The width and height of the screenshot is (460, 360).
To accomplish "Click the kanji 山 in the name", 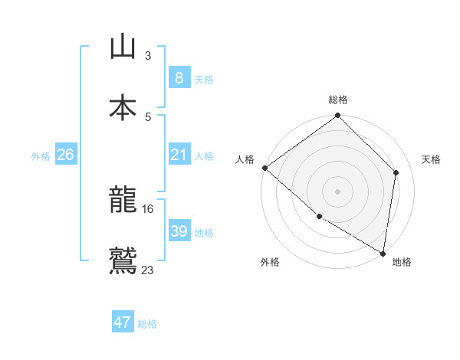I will tap(123, 47).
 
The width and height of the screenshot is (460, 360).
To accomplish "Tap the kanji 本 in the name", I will tap(123, 107).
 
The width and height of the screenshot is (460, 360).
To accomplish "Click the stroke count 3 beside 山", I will tap(148, 55).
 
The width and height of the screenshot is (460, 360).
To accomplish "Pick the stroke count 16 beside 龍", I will tap(148, 208).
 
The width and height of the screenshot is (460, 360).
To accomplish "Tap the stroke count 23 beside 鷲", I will tap(148, 269).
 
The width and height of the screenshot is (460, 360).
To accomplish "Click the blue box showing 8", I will tap(179, 77).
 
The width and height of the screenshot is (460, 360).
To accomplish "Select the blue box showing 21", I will tap(179, 155).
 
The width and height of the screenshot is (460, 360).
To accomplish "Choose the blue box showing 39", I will tap(179, 231).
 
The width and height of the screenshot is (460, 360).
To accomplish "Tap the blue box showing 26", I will tap(65, 155).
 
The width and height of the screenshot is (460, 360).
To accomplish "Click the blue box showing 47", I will tap(123, 322).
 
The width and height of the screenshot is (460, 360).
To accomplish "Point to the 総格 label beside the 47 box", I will tap(147, 324).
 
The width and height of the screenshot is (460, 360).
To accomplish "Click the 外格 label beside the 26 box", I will tap(41, 155).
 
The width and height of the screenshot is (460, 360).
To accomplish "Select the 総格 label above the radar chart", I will tap(338, 100).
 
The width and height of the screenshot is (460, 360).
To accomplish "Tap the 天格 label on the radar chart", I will tap(432, 159).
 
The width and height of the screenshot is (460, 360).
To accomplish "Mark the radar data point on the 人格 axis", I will tap(264, 168).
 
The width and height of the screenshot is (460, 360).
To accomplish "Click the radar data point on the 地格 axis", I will tap(383, 253).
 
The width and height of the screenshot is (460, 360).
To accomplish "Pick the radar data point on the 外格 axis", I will tap(319, 217).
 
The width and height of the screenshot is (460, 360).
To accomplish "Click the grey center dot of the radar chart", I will tap(337, 191).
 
